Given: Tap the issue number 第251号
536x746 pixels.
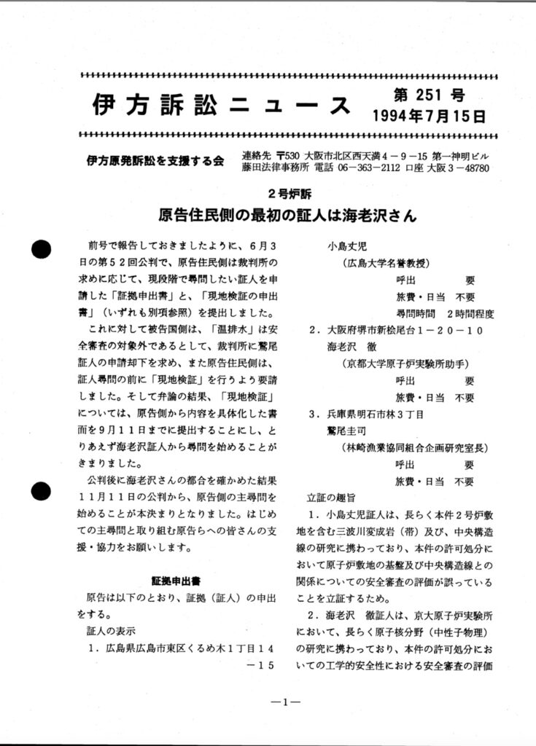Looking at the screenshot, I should tap(428, 95).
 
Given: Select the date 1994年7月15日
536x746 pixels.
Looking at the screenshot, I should tap(429, 116).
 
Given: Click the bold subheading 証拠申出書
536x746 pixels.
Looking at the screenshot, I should tap(176, 581).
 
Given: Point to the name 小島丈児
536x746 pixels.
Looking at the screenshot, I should tap(348, 246).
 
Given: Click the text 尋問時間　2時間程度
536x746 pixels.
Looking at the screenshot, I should tap(445, 314).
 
